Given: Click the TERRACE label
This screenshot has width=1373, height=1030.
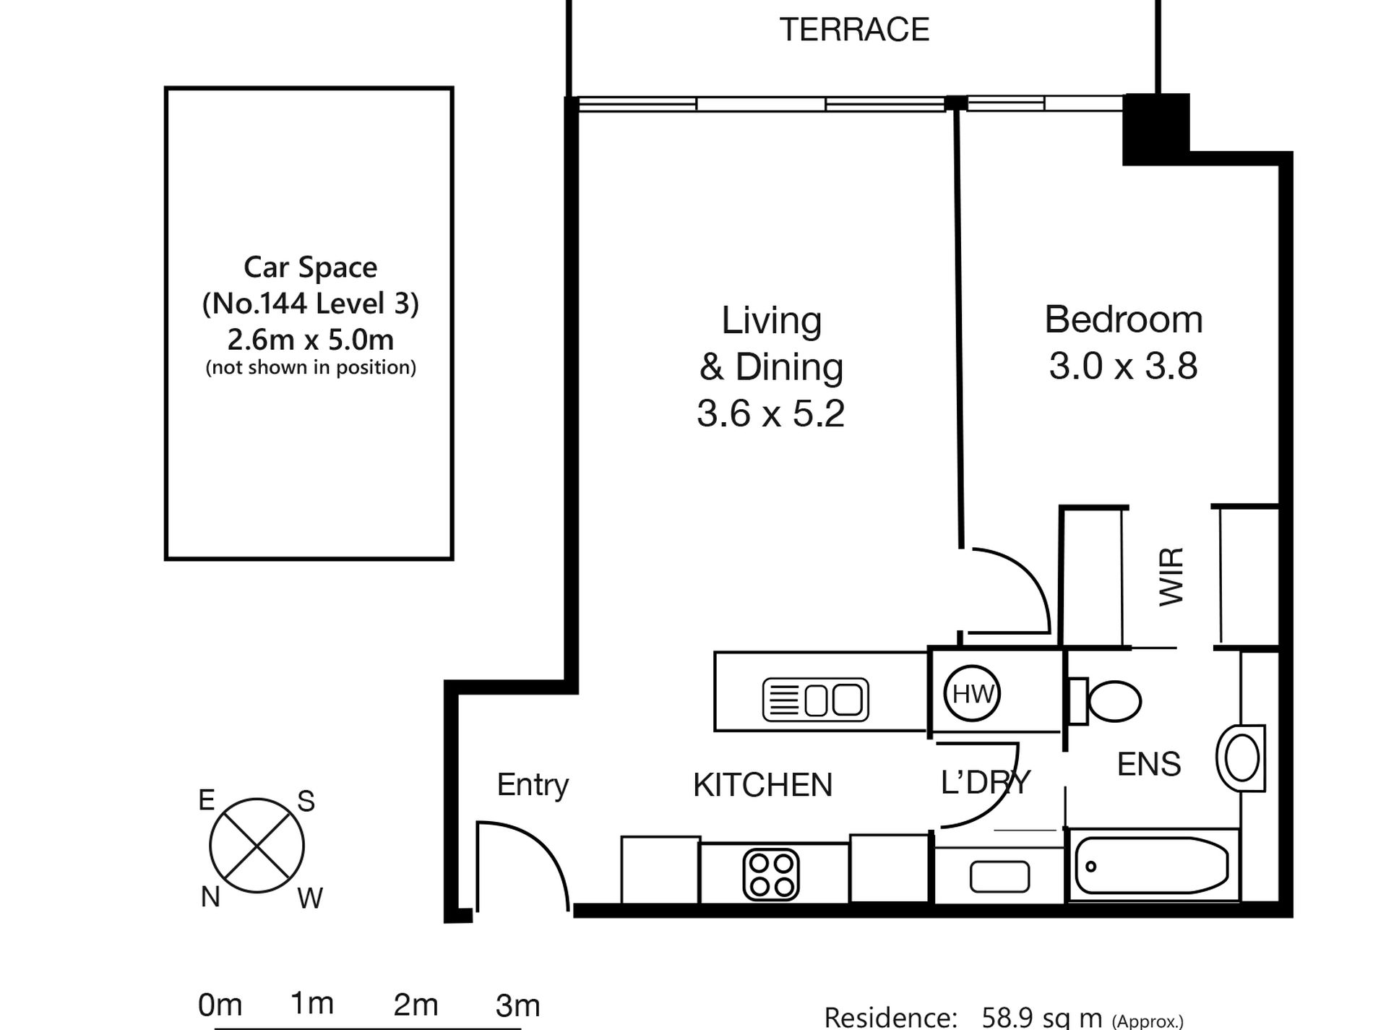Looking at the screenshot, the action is (854, 30).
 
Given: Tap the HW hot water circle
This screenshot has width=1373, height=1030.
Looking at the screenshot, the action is (973, 694).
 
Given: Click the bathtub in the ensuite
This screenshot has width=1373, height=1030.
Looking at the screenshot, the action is (1152, 866).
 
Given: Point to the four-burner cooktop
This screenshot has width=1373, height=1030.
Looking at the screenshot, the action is (771, 875).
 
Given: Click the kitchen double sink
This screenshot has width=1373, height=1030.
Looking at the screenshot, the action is (816, 700).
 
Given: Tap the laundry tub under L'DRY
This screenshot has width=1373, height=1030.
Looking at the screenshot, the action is (999, 877).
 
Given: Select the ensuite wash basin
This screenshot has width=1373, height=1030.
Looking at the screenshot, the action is (1241, 758).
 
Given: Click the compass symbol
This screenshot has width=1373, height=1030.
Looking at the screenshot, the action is (257, 846).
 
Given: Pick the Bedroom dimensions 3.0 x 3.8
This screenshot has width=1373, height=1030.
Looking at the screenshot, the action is (1123, 366).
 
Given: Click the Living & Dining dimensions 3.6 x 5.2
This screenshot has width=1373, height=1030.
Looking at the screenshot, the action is (770, 413).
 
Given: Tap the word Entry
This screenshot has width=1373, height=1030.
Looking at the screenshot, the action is (533, 786).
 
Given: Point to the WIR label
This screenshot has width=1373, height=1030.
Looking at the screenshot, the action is (1171, 577).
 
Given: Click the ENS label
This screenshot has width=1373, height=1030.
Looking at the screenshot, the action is (1149, 764).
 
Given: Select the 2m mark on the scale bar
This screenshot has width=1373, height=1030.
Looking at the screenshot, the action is (416, 1005).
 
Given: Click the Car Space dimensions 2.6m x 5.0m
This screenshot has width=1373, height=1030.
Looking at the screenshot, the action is (311, 339).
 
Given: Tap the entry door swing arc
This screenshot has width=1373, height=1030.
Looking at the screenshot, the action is (535, 846).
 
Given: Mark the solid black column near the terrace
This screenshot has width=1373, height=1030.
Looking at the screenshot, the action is (1156, 129).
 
